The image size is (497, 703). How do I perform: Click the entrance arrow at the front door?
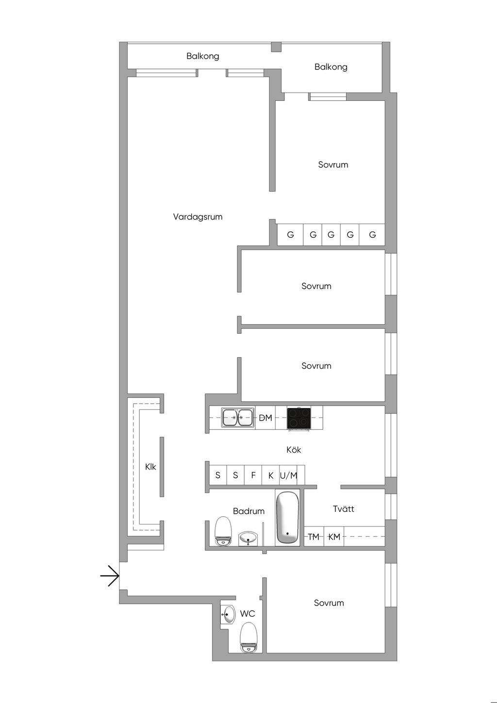110,575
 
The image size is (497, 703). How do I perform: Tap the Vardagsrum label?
198,217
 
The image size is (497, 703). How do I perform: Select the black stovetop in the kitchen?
298,418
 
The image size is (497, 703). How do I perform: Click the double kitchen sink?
238,417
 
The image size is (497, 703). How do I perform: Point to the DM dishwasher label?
265,418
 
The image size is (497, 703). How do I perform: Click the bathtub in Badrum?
287,518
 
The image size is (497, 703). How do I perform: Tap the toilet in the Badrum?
223,531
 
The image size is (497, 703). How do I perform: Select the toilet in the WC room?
248,638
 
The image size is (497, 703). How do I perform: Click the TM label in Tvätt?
314,537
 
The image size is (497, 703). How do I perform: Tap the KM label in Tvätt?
334,537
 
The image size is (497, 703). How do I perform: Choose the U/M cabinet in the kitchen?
288,475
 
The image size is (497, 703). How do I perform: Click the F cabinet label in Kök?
253,475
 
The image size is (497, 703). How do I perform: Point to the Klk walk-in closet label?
150,467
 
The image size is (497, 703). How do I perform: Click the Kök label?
294,450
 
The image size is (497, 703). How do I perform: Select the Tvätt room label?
344,509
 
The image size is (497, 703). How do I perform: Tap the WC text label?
248,614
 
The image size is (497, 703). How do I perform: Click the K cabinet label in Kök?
271,476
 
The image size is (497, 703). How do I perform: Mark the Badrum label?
248,511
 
